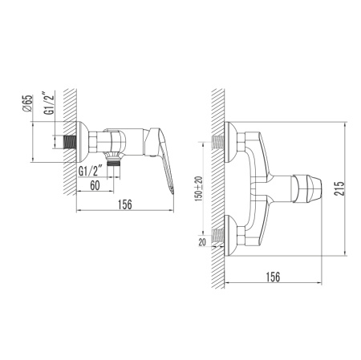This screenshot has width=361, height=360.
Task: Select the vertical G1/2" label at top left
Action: [50, 103]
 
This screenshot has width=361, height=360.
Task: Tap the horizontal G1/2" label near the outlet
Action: [91, 171]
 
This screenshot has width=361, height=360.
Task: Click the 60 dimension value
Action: [95, 185]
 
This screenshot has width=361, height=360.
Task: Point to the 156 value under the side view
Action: [125, 204]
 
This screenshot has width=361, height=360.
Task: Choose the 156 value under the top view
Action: [273, 277]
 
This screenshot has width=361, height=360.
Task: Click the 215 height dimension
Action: [339, 188]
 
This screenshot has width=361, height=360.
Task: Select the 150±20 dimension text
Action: [199, 188]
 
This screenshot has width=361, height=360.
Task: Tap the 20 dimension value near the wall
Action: [202, 242]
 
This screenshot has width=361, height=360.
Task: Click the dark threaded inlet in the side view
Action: [70, 142]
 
